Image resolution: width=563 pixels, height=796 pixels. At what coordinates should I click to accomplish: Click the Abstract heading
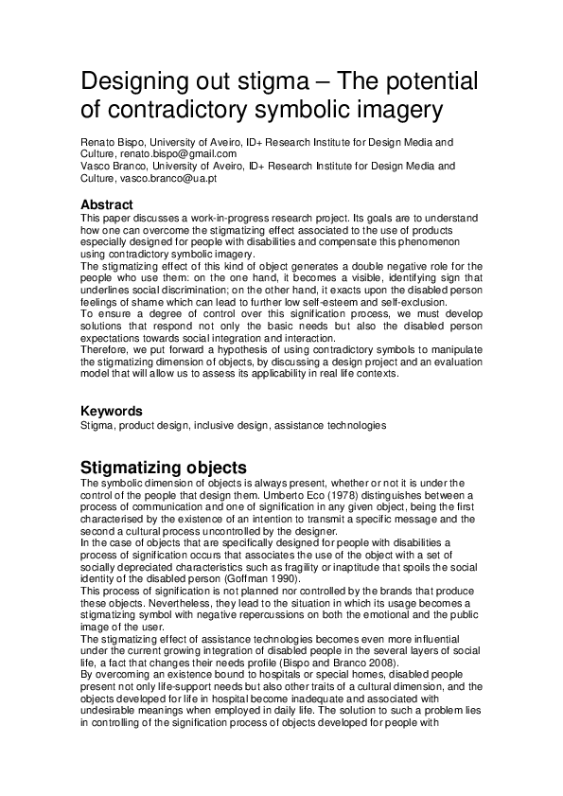106,204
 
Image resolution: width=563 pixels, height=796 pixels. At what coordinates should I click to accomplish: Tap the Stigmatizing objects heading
163,468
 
